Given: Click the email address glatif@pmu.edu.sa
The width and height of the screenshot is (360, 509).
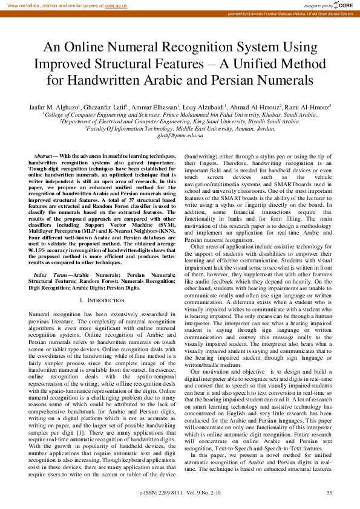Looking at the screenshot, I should point(179,135).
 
